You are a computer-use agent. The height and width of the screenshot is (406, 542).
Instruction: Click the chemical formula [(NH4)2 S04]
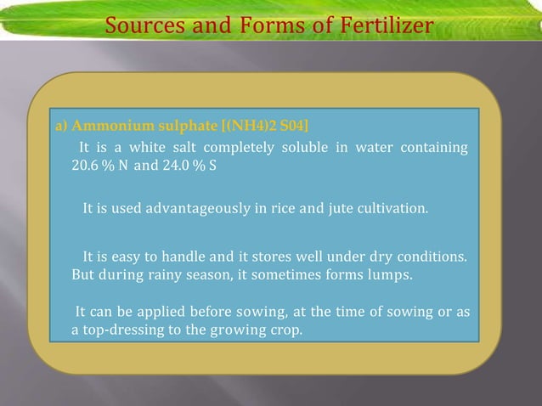[x=258, y=127]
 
